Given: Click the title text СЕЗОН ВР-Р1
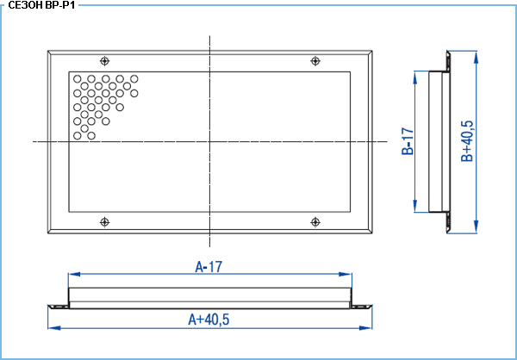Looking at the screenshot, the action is tap(41, 5).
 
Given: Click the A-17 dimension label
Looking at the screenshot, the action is tap(209, 267).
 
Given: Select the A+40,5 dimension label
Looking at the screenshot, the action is tap(209, 320).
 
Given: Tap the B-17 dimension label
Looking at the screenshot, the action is tap(408, 141).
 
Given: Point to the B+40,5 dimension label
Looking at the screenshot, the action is tap(467, 141).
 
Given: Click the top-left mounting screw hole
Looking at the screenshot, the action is tap(104, 61).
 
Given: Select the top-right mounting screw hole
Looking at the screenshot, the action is tap(315, 61).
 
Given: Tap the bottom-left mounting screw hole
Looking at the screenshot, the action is tap(104, 222).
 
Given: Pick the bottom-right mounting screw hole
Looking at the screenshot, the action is tap(315, 222).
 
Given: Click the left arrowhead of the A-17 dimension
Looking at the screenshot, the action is tap(74, 274).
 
